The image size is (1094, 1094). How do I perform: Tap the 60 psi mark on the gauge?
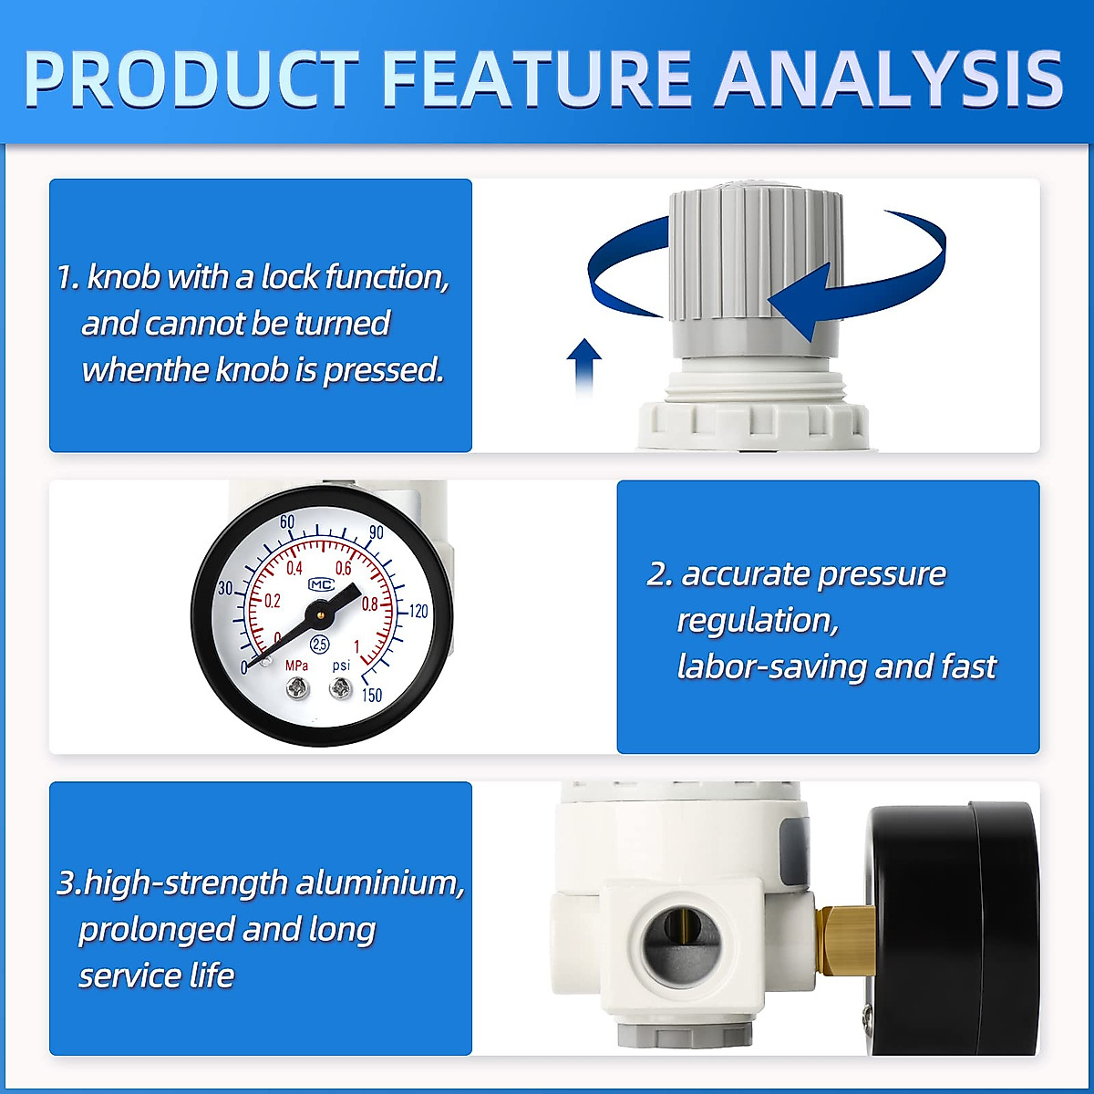287,522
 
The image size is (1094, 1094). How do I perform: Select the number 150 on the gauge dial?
371,695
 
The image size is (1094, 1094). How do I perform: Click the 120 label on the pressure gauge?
418,611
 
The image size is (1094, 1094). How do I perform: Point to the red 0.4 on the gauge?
294,569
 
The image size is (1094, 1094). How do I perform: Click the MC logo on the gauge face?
321,584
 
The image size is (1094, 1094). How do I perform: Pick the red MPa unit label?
296,666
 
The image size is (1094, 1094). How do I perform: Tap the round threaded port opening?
679,944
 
